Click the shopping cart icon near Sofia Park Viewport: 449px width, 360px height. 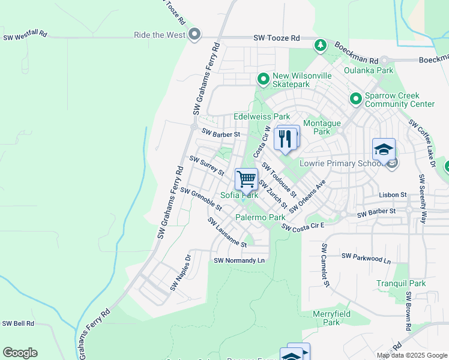(246, 179)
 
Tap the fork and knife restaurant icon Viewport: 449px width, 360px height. (286, 138)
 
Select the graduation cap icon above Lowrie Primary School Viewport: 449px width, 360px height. (384, 149)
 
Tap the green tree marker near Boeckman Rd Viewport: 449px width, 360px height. (321, 45)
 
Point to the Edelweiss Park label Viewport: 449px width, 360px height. (262, 116)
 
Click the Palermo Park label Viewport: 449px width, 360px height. (260, 217)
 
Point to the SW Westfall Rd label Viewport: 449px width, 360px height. (25, 37)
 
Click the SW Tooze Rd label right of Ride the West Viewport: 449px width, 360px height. (276, 38)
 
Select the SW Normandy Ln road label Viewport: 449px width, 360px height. (239, 260)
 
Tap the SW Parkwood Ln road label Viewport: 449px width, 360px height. (366, 259)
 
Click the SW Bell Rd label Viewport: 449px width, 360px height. (18, 323)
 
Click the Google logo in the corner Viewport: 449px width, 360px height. (20, 353)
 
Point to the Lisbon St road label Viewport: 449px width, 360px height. (393, 195)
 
